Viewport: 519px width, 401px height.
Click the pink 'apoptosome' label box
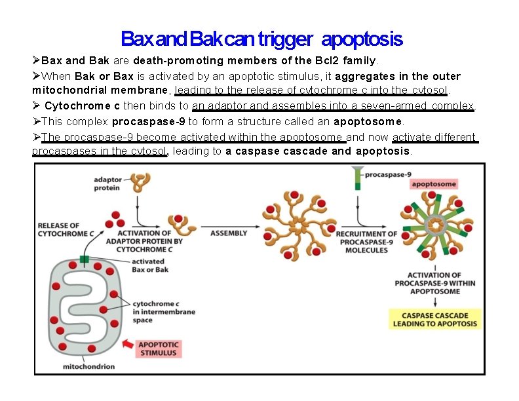pyautogui.click(x=433, y=184)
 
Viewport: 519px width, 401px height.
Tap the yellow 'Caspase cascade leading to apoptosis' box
pyautogui.click(x=434, y=319)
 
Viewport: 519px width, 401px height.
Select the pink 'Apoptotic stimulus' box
pyautogui.click(x=158, y=348)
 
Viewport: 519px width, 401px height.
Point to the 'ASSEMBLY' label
pyautogui.click(x=229, y=233)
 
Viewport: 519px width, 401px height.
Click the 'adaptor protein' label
pyautogui.click(x=106, y=183)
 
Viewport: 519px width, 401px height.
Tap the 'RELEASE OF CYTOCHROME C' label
pyautogui.click(x=58, y=229)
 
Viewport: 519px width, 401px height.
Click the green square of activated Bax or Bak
pyautogui.click(x=84, y=259)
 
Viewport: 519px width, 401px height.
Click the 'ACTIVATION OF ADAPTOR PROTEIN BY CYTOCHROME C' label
pyautogui.click(x=149, y=240)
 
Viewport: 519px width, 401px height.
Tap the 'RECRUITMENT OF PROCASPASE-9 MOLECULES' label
pyautogui.click(x=366, y=241)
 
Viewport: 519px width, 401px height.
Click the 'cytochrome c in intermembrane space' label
pyautogui.click(x=164, y=312)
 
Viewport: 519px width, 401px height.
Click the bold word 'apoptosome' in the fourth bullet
pyautogui.click(x=368, y=121)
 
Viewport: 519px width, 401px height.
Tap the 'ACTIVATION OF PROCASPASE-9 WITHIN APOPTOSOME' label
pyautogui.click(x=434, y=283)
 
